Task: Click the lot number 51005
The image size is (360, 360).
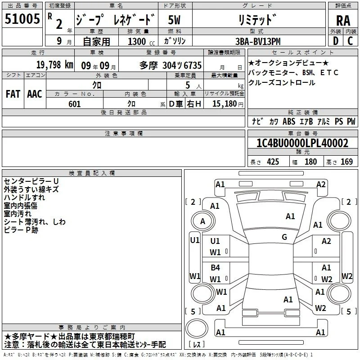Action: coord(22,19)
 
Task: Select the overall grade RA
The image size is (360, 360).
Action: coord(343,21)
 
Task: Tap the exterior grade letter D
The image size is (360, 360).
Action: coord(336,41)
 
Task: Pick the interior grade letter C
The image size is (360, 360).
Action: coord(350,41)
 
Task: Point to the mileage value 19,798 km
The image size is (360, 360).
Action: coord(54,65)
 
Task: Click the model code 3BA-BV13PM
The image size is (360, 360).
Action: coord(258,41)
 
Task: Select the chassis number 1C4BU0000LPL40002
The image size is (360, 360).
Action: coord(302,143)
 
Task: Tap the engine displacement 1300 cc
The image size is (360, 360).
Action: coord(141,41)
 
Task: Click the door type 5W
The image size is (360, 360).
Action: coord(174,20)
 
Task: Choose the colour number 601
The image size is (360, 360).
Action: coord(75,104)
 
